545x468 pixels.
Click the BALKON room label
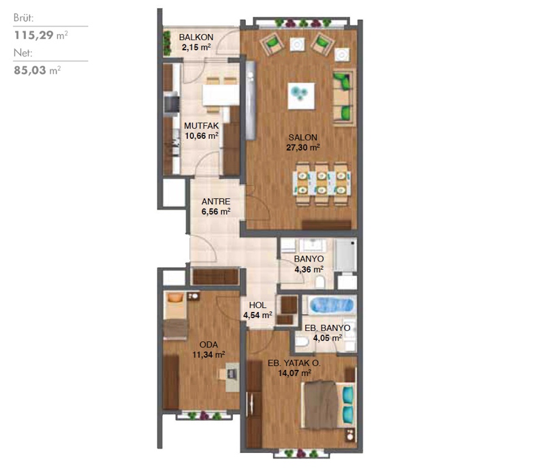196,37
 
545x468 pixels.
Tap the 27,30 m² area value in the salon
302,148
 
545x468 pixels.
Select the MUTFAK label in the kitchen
201,126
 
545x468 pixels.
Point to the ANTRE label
216,202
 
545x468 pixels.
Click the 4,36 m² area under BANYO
309,269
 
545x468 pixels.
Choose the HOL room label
258,305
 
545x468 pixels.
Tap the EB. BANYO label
328,328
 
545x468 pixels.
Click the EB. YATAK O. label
294,363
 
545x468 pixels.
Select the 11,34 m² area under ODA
208,355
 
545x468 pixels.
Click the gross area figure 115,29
33,35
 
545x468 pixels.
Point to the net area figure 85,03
30,71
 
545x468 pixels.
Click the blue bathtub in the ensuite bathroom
332,306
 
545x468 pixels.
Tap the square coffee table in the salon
301,96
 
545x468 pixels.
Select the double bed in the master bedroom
328,405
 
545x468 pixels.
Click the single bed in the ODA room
176,315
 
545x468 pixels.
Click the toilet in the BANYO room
320,282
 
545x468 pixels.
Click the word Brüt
24,18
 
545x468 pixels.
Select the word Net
23,53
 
